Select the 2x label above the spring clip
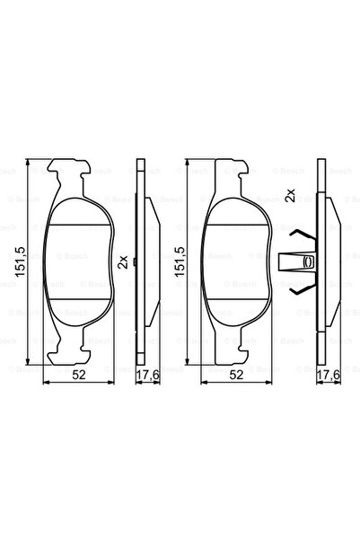(290, 196)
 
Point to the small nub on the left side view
(134, 262)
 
